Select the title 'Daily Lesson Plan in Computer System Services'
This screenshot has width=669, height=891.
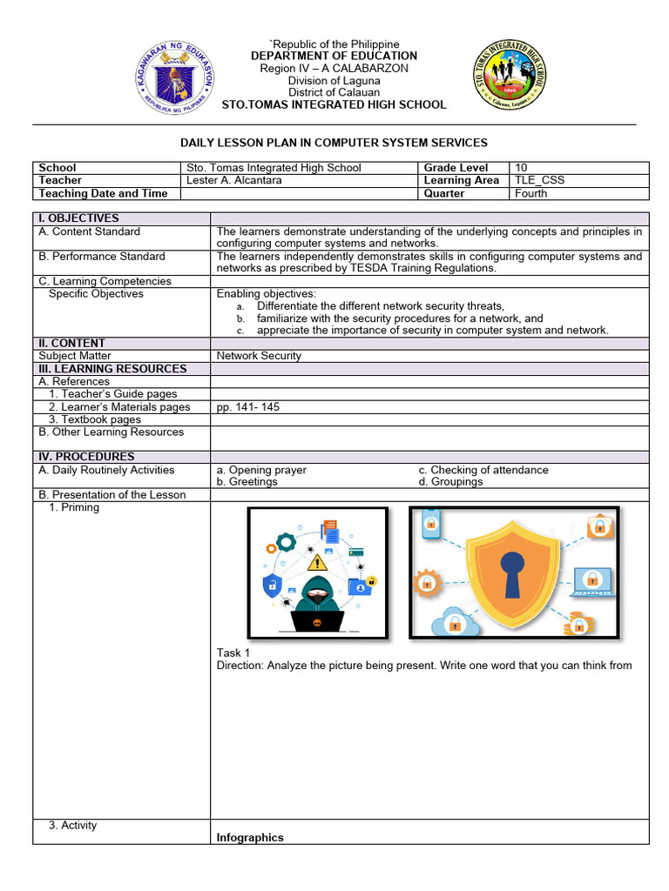pyautogui.click(x=334, y=143)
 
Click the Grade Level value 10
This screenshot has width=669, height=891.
pyautogui.click(x=522, y=167)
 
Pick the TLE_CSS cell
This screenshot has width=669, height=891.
pyautogui.click(x=539, y=180)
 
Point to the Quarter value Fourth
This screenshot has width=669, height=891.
pyautogui.click(x=531, y=193)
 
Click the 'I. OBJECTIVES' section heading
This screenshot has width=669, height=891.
pyautogui.click(x=79, y=218)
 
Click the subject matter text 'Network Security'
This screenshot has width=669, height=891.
pyautogui.click(x=259, y=356)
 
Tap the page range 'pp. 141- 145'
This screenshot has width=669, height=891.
pyautogui.click(x=248, y=407)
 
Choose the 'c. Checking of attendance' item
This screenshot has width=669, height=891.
pyautogui.click(x=483, y=470)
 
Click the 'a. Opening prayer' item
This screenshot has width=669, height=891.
pyautogui.click(x=261, y=470)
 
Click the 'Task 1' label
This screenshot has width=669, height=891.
pyautogui.click(x=233, y=653)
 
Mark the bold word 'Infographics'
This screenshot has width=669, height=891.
pyautogui.click(x=250, y=837)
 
